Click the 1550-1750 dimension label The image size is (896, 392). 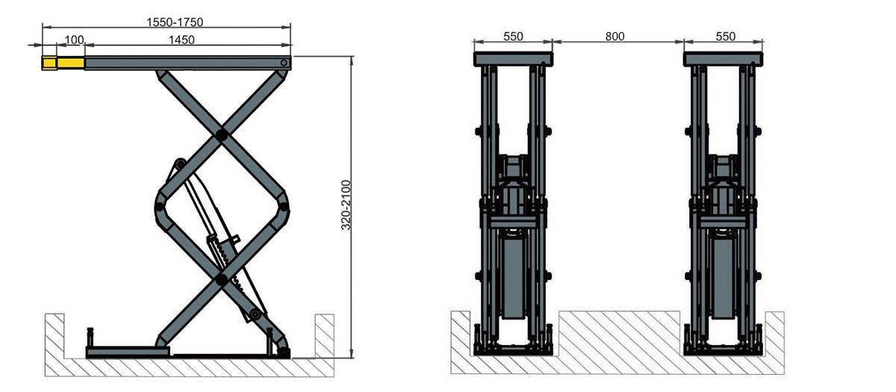click(x=175, y=22)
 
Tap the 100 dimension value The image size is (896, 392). click(x=75, y=40)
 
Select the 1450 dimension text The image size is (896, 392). click(x=181, y=40)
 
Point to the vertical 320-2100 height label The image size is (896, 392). click(x=346, y=205)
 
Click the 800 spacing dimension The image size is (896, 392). click(x=615, y=37)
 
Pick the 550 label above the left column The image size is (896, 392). click(x=513, y=37)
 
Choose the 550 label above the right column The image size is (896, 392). click(x=726, y=37)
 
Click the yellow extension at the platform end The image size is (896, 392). click(x=63, y=63)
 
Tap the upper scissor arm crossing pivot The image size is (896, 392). click(x=221, y=134)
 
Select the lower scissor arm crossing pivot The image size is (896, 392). click(x=221, y=279)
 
